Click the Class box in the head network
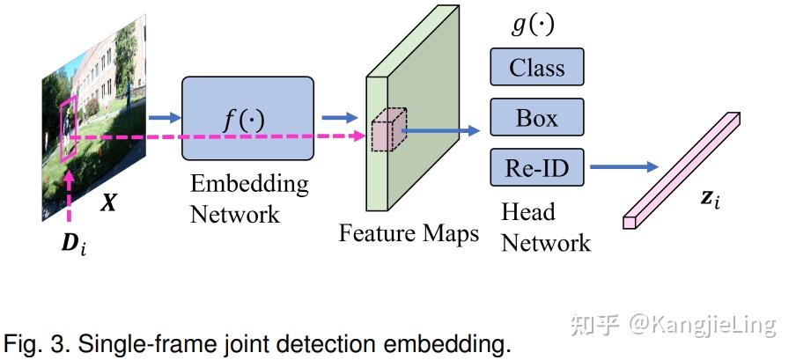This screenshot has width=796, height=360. click(536, 67)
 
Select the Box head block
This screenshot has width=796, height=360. click(536, 118)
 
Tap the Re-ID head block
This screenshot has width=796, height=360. click(536, 167)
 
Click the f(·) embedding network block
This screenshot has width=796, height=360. click(247, 118)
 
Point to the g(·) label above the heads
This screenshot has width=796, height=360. click(533, 24)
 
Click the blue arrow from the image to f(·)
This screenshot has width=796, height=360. click(162, 117)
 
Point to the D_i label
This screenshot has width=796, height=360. click(73, 246)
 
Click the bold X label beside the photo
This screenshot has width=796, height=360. click(108, 202)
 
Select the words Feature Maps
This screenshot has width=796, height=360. click(409, 233)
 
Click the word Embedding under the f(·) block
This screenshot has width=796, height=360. click(249, 184)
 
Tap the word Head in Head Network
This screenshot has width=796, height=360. click(528, 212)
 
